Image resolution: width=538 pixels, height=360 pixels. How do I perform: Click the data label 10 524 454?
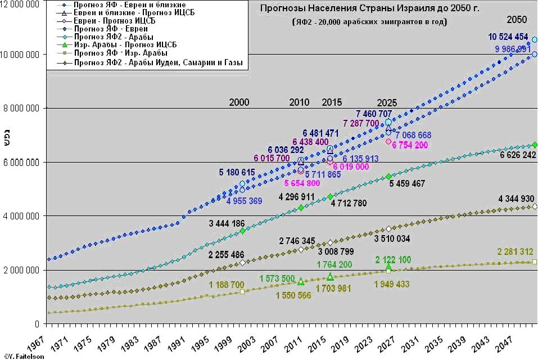pyautogui.click(x=508, y=37)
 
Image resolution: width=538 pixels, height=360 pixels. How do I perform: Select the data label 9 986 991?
pyautogui.click(x=513, y=49)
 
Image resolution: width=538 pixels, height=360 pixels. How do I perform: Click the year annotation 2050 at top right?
pyautogui.click(x=517, y=20)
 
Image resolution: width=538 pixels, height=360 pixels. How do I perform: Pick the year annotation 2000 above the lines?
pyautogui.click(x=239, y=102)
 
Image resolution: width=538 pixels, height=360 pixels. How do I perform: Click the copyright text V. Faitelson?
pyautogui.click(x=18, y=356)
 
